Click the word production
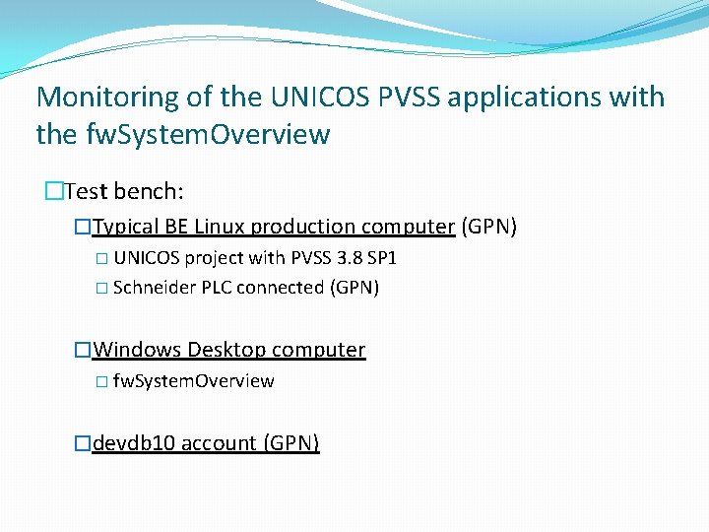[x=302, y=227]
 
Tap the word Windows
[x=137, y=350]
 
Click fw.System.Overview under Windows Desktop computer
[x=193, y=381]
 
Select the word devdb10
[x=134, y=443]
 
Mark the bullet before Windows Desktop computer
[x=84, y=350]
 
